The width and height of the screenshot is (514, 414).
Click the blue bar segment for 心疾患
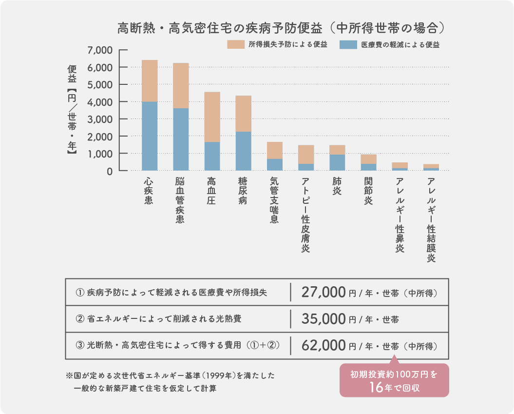coord(150,136)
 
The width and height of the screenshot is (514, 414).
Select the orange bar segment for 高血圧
coord(212,117)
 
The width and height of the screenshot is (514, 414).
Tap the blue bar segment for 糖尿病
coord(244,151)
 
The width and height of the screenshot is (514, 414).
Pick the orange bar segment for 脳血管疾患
coord(181,85)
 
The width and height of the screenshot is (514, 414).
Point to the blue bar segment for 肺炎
coord(337,162)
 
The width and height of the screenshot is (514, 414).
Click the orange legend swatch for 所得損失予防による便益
coord(235,44)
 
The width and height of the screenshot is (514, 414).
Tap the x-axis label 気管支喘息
coord(274,200)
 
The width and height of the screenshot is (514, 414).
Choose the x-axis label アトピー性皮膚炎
coord(305,215)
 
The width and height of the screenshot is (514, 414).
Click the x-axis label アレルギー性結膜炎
coord(431,220)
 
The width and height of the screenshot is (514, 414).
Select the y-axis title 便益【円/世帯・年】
coord(72,110)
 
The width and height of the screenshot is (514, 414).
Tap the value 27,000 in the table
coord(324,293)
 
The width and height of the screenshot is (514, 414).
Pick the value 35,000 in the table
coord(324,319)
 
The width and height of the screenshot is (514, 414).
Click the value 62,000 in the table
coord(324,346)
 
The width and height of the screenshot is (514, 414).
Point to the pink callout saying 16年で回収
coord(394,381)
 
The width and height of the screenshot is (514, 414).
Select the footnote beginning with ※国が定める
coord(170,382)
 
